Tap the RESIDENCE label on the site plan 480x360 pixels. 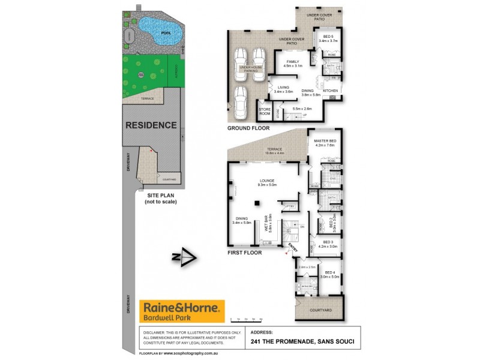pyautogui.click(x=151, y=125)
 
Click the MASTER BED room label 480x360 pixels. pyautogui.click(x=325, y=141)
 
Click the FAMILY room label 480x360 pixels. pyautogui.click(x=293, y=62)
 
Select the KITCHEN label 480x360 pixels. pyautogui.click(x=331, y=91)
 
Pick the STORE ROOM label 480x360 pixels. pyautogui.click(x=265, y=112)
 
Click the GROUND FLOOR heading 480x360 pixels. pyautogui.click(x=248, y=128)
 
